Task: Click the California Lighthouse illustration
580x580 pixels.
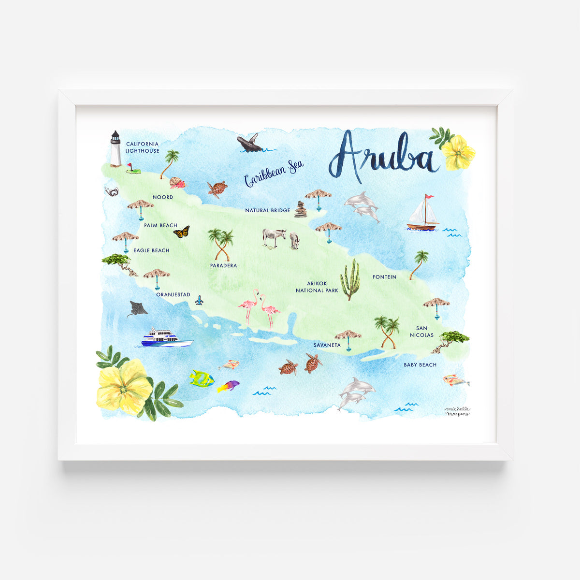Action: click(x=115, y=148)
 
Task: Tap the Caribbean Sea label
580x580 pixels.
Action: click(x=274, y=173)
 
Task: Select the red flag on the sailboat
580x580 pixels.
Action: click(x=429, y=197)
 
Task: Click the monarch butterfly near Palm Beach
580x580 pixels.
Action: click(x=181, y=232)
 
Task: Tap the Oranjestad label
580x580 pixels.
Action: click(x=173, y=294)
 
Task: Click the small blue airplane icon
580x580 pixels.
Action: click(x=199, y=301)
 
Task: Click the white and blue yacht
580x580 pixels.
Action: click(x=166, y=338)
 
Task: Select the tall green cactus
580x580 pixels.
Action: click(x=350, y=280)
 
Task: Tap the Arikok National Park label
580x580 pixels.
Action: click(x=317, y=287)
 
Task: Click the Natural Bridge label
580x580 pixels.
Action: click(x=267, y=210)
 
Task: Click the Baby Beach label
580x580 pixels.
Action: click(x=420, y=365)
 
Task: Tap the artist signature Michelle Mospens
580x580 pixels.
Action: click(x=457, y=411)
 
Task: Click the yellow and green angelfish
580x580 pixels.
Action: click(x=201, y=378)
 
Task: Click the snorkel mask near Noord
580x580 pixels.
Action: click(x=112, y=192)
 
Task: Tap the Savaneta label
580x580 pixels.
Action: click(x=327, y=345)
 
